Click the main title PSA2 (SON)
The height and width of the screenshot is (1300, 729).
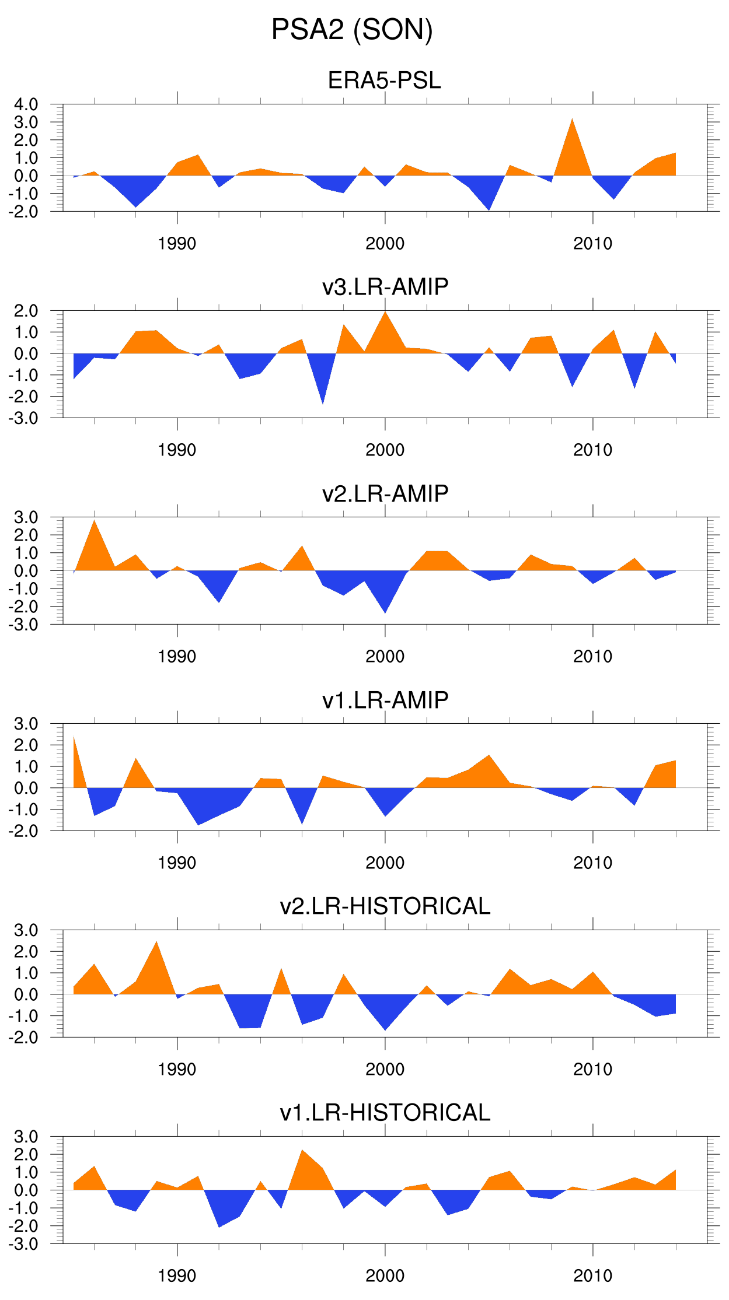(352, 30)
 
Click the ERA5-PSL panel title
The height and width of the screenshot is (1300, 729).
(384, 80)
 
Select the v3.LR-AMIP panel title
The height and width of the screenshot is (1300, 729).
(385, 287)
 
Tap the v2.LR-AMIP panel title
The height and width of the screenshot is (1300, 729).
(385, 493)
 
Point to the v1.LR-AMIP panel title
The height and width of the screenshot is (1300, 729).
(385, 700)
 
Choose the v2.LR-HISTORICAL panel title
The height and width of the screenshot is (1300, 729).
(385, 906)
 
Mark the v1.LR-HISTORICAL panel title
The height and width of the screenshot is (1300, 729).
(385, 1113)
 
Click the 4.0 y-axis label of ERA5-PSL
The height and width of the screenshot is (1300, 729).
(26, 105)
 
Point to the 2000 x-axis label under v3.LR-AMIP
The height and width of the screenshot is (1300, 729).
(385, 450)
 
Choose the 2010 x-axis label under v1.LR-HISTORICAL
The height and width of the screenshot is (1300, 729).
(592, 1276)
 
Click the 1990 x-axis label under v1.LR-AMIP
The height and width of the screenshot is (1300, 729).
(177, 863)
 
